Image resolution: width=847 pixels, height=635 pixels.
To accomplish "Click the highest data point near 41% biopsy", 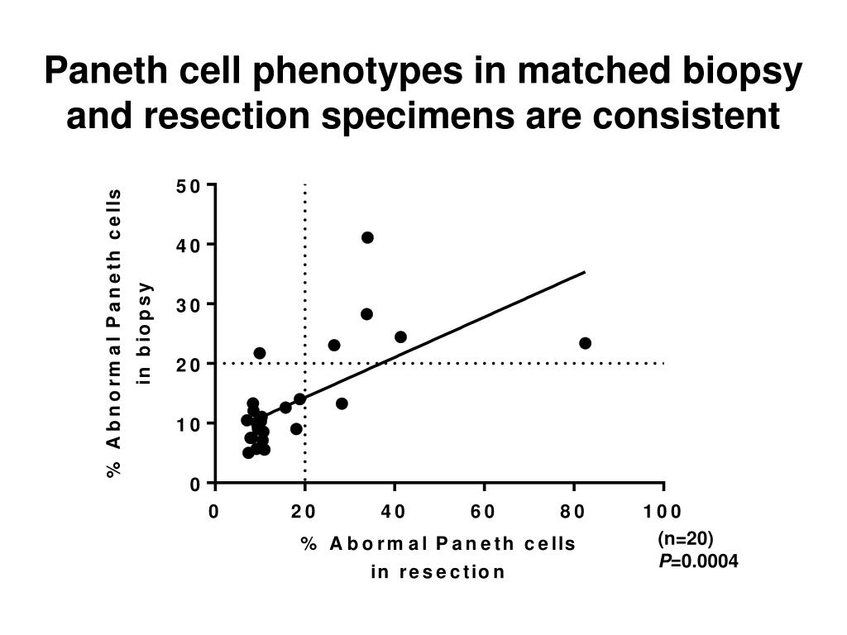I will (367, 237).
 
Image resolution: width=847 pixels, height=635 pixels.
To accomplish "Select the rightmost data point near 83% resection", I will (585, 343).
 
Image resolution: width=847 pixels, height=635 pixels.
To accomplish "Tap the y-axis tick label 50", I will (188, 186).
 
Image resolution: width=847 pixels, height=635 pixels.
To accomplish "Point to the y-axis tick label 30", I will (188, 305).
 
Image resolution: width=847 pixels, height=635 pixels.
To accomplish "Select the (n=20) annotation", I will (685, 540).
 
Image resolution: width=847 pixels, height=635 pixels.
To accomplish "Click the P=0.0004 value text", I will (698, 562).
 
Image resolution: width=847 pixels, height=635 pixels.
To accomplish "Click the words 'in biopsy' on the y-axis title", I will (146, 332).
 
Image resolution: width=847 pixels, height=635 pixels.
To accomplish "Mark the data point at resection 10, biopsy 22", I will (260, 353).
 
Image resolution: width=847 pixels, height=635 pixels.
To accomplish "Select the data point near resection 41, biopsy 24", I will (400, 337).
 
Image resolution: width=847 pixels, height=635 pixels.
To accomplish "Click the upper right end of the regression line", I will (585, 272).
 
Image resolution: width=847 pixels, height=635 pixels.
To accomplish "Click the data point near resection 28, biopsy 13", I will (342, 403).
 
